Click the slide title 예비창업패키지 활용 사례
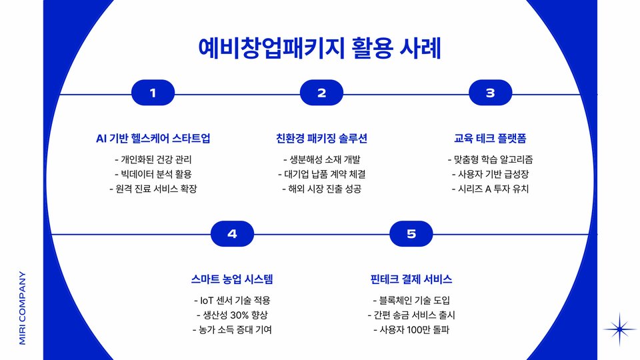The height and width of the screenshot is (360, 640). (320, 49)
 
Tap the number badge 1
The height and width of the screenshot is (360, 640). (153, 93)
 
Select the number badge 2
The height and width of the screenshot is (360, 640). (321, 93)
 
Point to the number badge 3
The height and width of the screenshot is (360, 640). (490, 93)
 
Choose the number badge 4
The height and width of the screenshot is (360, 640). (232, 234)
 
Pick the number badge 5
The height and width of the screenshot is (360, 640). (411, 234)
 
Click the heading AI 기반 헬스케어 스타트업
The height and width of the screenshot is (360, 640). (153, 139)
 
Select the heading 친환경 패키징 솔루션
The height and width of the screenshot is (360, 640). (321, 139)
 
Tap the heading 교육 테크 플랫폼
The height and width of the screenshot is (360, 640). (490, 139)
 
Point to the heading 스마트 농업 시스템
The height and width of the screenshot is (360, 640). (232, 279)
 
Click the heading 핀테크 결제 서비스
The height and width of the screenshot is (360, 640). (411, 279)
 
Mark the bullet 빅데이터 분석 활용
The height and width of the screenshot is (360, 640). (153, 174)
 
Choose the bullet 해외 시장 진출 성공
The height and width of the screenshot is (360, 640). (321, 189)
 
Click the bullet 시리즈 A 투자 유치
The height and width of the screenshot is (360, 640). (490, 189)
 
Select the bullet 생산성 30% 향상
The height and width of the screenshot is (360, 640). (232, 315)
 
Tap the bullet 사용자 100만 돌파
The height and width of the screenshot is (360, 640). (411, 329)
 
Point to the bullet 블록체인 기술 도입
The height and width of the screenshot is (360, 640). (411, 300)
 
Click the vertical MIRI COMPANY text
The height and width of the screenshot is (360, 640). (22, 307)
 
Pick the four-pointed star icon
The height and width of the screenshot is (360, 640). (620, 329)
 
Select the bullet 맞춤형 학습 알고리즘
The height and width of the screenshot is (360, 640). (490, 160)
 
